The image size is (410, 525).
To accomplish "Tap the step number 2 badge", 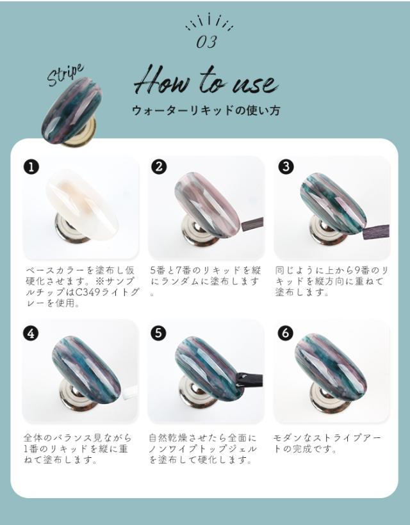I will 158,167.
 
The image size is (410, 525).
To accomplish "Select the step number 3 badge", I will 286,167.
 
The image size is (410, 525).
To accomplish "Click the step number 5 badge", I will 158,333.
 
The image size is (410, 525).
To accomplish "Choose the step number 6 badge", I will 286,333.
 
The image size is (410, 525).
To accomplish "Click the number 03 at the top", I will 206,42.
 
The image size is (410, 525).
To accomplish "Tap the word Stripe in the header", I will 65,74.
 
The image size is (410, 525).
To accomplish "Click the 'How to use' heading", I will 205,82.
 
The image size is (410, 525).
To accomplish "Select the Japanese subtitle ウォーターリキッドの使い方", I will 205,110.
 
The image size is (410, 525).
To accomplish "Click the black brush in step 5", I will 250,379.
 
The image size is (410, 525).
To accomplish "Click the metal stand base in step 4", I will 75,400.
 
